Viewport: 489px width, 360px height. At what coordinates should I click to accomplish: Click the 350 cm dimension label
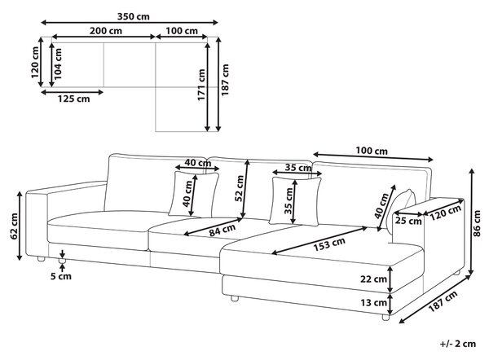point(133,16)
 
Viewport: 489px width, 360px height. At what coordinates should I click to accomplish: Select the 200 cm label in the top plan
point(106,31)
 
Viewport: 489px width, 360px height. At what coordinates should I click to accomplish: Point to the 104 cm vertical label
point(58,64)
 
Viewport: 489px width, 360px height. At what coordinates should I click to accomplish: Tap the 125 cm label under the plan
point(73,99)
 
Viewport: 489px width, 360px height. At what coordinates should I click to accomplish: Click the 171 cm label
point(201,85)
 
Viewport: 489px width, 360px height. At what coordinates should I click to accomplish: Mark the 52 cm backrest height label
point(240,188)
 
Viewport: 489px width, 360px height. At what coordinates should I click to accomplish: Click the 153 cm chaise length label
point(329,244)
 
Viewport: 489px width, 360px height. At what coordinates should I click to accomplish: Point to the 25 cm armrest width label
point(408,221)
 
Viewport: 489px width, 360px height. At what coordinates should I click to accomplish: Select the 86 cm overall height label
point(477,223)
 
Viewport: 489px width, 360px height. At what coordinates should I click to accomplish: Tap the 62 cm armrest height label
point(15,226)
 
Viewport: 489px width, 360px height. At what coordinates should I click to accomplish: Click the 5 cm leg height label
point(61,276)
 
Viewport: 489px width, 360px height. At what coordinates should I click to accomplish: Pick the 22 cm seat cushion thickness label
point(373,279)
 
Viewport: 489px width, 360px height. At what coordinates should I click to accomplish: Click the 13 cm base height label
point(373,302)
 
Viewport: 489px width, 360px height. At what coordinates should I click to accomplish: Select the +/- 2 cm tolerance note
point(458,344)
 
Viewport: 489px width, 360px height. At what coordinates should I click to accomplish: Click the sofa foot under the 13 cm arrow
point(385,318)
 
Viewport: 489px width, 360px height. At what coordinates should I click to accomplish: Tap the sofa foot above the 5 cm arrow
point(62,261)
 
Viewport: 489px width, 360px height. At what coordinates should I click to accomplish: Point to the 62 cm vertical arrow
point(20,226)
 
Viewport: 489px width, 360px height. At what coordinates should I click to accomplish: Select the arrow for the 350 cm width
point(130,23)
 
